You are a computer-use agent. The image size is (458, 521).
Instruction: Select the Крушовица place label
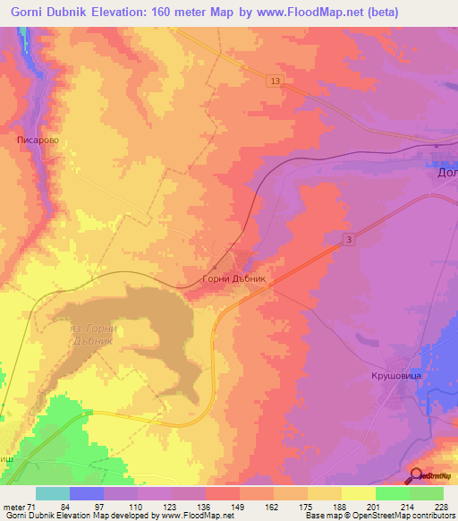pos(396,377)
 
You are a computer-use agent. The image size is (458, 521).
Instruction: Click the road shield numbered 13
pos(275,81)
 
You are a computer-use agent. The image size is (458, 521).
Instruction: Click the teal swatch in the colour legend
pos(53,493)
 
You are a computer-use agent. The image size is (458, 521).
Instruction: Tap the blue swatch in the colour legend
pos(87,493)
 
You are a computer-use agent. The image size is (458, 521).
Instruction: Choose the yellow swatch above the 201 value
pos(359,493)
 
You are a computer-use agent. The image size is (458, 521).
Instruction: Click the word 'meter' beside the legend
pos(13,508)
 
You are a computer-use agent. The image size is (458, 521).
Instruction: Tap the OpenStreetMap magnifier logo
pos(416,475)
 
